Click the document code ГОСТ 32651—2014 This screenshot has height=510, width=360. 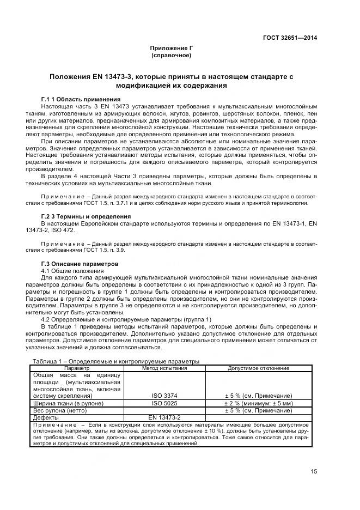coord(290,38)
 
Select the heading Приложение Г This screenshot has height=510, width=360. coord(172,48)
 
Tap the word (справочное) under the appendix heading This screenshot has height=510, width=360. coord(172,56)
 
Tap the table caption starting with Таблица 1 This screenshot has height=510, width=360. coord(116,361)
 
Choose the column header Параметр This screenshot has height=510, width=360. coord(76,368)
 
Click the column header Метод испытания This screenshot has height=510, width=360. coord(164,368)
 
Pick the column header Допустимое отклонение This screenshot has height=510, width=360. coord(258,368)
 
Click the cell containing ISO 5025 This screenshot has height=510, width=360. coord(164,403)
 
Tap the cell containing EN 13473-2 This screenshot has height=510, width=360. coord(164,417)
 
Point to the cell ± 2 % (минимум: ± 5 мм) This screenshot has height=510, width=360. coord(258,403)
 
